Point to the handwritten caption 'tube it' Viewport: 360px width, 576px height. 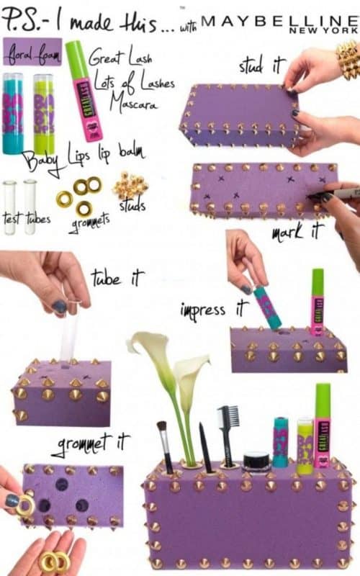(x=117, y=277)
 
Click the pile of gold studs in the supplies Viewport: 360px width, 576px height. (x=130, y=186)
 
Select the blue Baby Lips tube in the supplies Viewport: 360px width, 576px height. (x=14, y=113)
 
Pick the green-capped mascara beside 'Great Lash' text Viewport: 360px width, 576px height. (x=83, y=90)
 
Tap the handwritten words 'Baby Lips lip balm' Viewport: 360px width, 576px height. (x=83, y=156)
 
